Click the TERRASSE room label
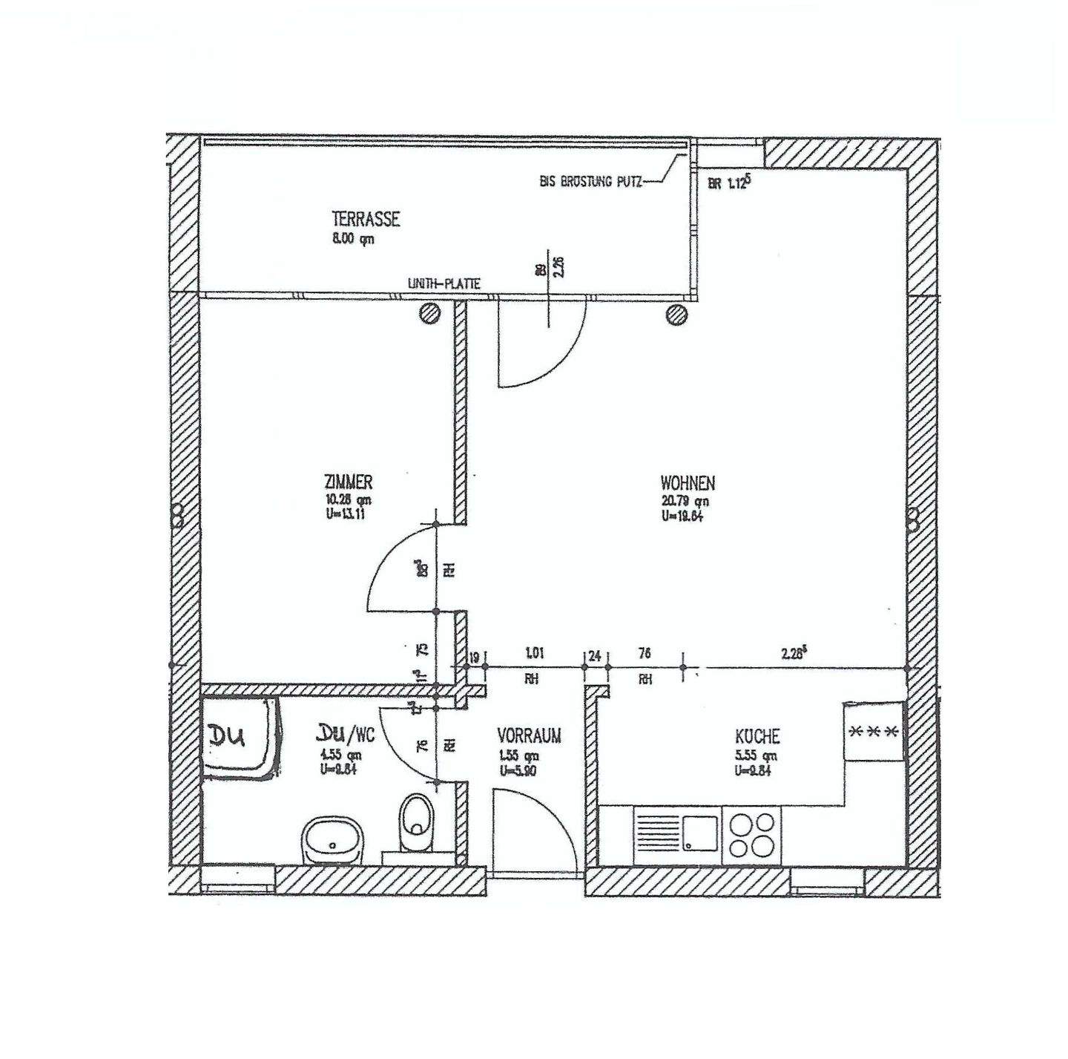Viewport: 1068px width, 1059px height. (x=366, y=219)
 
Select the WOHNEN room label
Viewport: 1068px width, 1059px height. (x=688, y=483)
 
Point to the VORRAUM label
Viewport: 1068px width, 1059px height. (x=529, y=735)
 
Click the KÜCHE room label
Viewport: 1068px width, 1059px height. (x=757, y=736)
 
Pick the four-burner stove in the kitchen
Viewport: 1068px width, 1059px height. (x=752, y=834)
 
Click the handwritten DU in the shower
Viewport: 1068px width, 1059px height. (x=229, y=737)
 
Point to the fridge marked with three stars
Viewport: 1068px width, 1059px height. (x=874, y=731)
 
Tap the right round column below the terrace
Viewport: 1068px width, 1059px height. (x=676, y=315)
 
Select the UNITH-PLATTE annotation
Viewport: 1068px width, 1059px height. (x=444, y=283)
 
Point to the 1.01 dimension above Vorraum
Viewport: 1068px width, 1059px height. (x=534, y=654)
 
